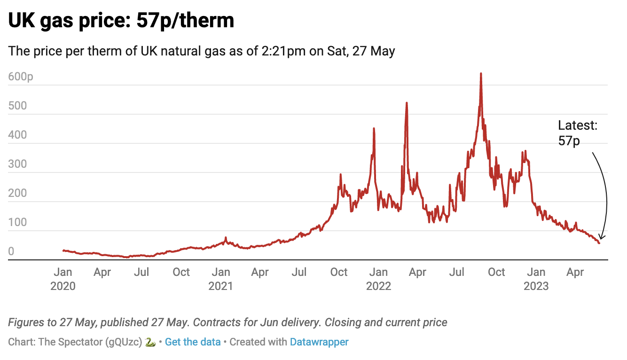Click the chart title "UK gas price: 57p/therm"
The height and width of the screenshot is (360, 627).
click(x=121, y=21)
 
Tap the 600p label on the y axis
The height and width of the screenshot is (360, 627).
click(x=21, y=77)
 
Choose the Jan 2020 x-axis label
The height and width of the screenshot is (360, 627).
click(x=63, y=279)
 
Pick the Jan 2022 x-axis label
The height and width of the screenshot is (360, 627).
click(x=378, y=279)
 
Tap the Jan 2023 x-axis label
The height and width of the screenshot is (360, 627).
click(x=536, y=279)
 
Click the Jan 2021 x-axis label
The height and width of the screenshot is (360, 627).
click(x=220, y=279)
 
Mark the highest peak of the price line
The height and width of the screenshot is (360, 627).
click(x=481, y=74)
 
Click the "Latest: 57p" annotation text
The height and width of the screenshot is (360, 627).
click(x=578, y=133)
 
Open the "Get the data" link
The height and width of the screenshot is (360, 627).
click(x=193, y=342)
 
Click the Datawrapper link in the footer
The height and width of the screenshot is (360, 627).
click(x=319, y=342)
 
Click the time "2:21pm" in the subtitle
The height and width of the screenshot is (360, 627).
click(x=280, y=51)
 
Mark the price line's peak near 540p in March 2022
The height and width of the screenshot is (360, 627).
click(x=407, y=103)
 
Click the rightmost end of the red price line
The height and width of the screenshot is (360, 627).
click(x=599, y=243)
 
